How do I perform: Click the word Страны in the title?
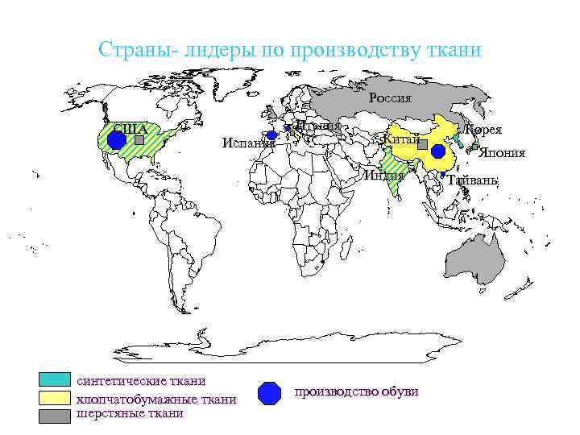tap(127, 50)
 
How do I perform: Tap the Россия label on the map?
tap(390, 98)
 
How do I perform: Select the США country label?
tap(130, 129)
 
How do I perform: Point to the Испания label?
tap(248, 143)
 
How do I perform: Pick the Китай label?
tap(401, 140)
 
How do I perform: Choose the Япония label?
tap(502, 153)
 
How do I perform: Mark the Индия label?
tap(383, 176)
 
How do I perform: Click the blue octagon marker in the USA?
tap(117, 139)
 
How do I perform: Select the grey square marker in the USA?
tap(139, 139)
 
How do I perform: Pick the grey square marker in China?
tap(422, 143)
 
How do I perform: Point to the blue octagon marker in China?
tap(437, 151)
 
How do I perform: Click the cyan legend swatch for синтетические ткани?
tap(55, 380)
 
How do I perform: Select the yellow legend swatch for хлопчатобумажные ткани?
tap(55, 398)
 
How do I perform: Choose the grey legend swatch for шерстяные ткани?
tap(55, 415)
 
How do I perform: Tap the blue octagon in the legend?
tap(269, 392)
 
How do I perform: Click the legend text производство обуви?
tap(356, 391)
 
